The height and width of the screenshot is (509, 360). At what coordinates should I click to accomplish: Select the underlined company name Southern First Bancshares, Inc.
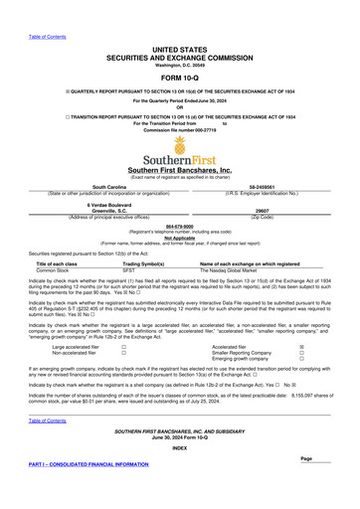point(179,170)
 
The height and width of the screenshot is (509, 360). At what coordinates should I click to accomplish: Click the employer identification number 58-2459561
point(263,186)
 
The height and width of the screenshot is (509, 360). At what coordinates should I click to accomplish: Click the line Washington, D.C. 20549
point(179,65)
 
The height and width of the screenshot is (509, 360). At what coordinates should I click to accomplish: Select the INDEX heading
point(179,475)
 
